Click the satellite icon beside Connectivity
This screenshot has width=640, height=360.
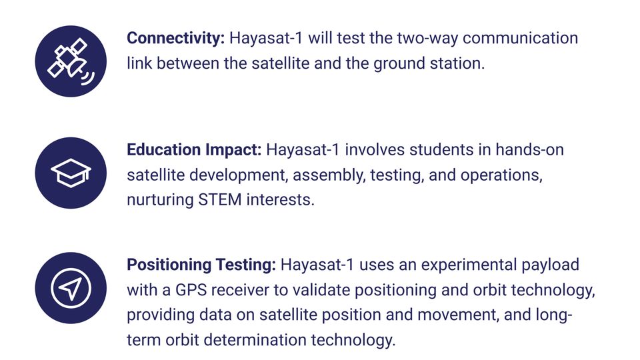tap(71, 61)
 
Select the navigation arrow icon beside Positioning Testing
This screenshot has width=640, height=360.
tap(71, 288)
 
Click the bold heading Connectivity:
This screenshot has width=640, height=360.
tap(175, 39)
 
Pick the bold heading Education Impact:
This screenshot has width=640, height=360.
tap(194, 150)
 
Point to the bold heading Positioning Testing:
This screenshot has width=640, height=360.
tap(201, 265)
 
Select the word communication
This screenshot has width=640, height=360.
tap(521, 39)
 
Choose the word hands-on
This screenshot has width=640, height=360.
tap(529, 150)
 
